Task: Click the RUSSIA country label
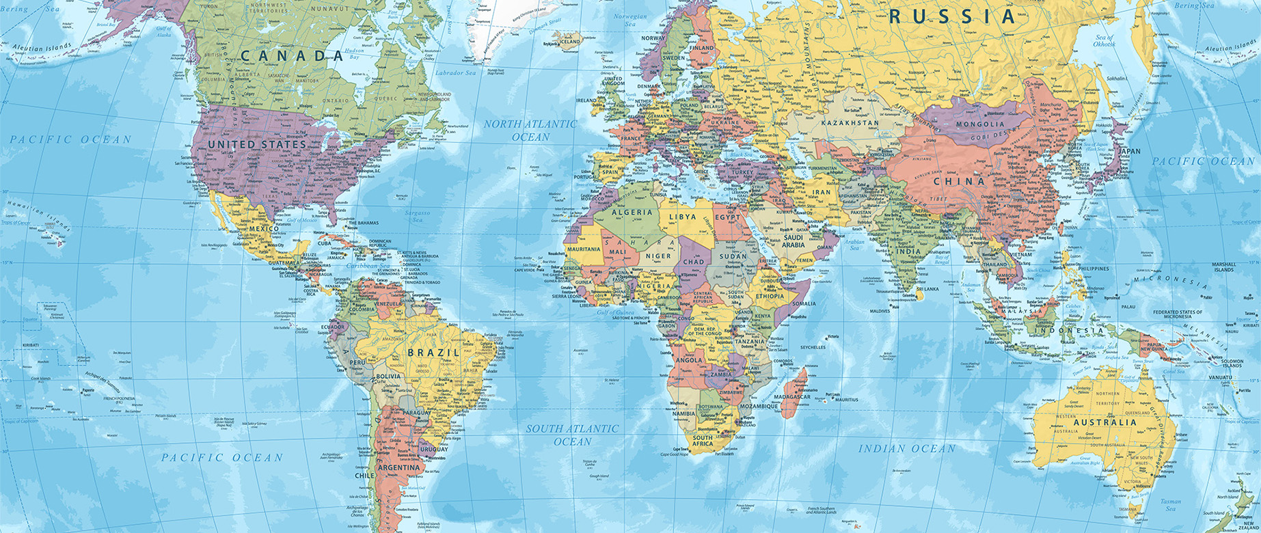951,16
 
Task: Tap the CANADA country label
291,56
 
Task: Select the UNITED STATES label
257,145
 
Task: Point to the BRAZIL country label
433,353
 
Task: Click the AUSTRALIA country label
1104,422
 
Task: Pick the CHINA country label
960,182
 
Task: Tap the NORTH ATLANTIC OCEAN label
530,131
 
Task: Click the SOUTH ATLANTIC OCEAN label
572,435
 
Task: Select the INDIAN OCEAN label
907,449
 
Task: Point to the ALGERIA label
632,213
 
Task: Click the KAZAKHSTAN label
850,123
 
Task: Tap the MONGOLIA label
980,124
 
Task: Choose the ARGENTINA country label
398,468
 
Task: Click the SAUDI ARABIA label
793,241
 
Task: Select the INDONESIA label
1077,331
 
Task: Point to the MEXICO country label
263,228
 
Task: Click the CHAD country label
693,261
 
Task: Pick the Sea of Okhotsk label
1104,40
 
